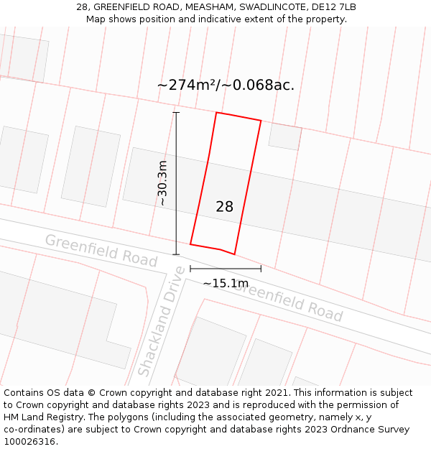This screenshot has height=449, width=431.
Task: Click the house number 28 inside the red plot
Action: tap(224, 207)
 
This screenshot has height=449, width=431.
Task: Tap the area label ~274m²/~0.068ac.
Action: tap(226, 85)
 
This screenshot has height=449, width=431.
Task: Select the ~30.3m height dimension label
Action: tap(163, 183)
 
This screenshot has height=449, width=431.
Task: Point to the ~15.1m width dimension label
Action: tap(226, 284)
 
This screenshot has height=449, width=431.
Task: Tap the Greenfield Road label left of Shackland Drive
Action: tap(101, 250)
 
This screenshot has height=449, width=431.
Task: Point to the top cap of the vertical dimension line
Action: tap(176, 112)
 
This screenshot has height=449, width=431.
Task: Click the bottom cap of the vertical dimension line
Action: tap(176, 254)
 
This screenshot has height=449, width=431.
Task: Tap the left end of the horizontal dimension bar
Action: tap(190, 269)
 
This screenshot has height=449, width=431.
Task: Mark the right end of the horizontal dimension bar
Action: tap(261, 269)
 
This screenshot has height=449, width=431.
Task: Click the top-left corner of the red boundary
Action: tap(216, 112)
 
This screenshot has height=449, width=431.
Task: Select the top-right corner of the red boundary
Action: tap(261, 121)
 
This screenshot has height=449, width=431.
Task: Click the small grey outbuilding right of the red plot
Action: tap(285, 136)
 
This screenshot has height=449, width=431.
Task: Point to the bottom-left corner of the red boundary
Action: tap(190, 244)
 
